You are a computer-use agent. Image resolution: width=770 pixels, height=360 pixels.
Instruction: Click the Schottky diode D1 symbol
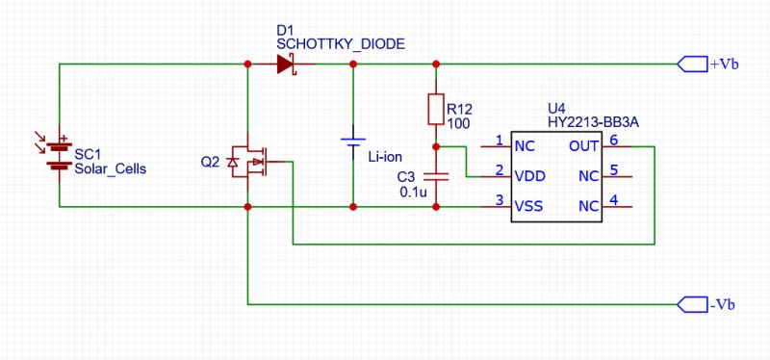click(x=286, y=64)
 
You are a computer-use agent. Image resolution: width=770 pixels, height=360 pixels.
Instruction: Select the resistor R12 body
click(x=436, y=109)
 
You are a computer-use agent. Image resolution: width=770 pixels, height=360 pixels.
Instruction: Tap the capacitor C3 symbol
click(x=436, y=176)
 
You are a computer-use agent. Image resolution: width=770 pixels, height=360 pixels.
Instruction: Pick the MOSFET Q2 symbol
click(x=249, y=162)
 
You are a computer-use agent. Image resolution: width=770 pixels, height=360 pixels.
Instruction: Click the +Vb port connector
click(x=692, y=64)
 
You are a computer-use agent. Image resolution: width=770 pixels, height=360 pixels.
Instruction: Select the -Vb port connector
click(x=692, y=304)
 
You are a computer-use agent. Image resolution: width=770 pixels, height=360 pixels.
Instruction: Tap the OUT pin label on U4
click(x=584, y=146)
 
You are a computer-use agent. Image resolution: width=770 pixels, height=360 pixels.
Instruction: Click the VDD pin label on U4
click(x=530, y=176)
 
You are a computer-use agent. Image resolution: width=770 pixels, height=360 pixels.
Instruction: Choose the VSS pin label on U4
click(x=528, y=206)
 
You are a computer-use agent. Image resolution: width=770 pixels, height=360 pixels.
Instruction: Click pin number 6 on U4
click(x=613, y=140)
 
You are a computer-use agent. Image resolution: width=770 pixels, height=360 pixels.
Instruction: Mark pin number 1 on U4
click(x=500, y=141)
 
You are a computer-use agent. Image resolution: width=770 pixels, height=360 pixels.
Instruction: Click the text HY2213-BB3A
click(x=593, y=123)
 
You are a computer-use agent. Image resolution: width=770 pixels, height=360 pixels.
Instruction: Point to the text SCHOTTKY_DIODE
click(x=342, y=44)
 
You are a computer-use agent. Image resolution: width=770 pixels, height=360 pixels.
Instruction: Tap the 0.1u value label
click(x=414, y=193)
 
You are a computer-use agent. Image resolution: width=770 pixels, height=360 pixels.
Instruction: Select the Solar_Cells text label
click(x=110, y=169)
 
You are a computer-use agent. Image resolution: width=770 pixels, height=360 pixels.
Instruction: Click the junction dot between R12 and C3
click(x=436, y=146)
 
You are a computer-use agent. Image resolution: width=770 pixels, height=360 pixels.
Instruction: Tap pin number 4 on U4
click(x=613, y=200)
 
